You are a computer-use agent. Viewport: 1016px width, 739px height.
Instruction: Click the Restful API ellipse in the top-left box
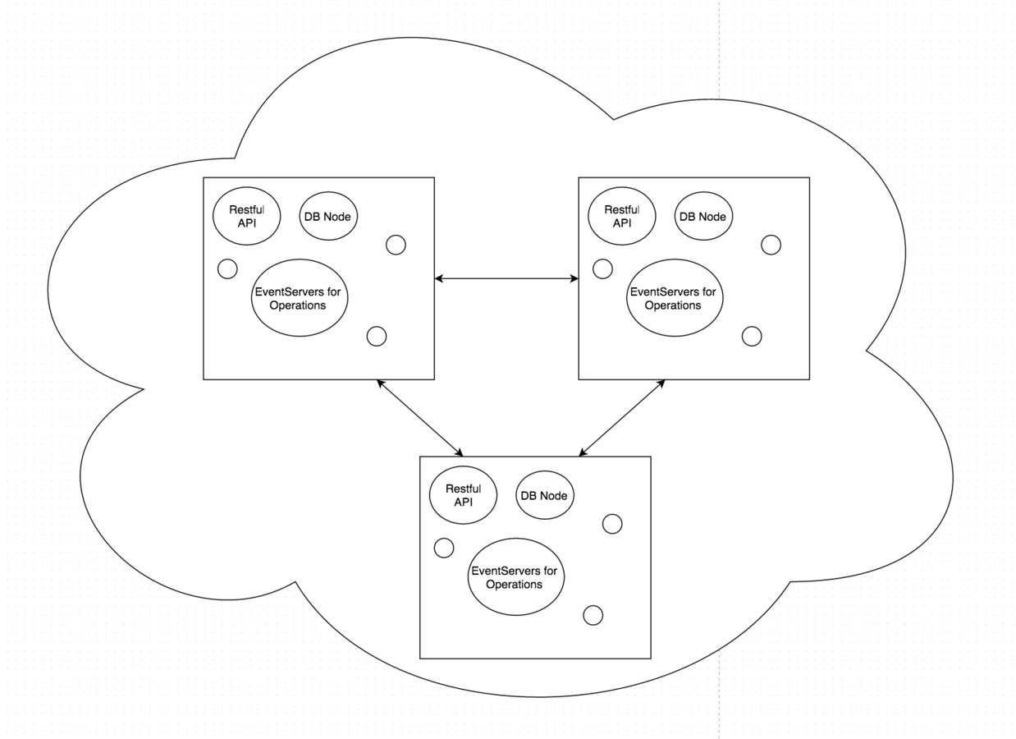click(x=246, y=216)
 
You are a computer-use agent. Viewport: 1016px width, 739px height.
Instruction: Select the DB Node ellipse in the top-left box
click(x=329, y=217)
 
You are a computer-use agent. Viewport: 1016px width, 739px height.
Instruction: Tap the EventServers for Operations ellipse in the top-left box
click(x=296, y=297)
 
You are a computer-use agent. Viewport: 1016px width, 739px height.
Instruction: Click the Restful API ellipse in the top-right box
click(x=622, y=216)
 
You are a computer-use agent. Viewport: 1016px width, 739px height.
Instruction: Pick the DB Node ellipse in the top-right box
click(x=704, y=217)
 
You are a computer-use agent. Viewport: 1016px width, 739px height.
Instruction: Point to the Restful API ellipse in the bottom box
click(x=463, y=494)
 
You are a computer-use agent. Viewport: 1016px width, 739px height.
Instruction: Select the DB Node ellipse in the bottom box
click(x=546, y=495)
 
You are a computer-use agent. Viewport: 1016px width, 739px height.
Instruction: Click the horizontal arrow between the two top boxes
click(x=506, y=279)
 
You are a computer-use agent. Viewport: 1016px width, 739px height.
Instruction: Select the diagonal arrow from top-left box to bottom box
click(x=419, y=417)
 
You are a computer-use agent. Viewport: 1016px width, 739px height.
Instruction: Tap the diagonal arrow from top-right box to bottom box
click(x=622, y=417)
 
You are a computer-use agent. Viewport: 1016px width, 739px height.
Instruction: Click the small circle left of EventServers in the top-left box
click(x=227, y=269)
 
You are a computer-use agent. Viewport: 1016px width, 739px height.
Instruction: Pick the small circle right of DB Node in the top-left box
click(x=396, y=245)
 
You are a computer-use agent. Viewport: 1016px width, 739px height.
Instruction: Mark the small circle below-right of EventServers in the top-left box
click(x=377, y=336)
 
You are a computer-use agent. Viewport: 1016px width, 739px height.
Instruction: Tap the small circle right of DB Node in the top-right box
click(x=771, y=245)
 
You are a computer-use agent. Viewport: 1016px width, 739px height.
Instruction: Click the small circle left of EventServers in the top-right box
click(x=602, y=269)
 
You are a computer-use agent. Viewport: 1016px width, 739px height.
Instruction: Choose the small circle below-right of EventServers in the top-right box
click(x=752, y=336)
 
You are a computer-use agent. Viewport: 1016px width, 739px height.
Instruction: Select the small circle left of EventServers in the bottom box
click(x=444, y=548)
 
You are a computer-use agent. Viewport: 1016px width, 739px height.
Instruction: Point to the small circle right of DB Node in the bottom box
click(x=612, y=524)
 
